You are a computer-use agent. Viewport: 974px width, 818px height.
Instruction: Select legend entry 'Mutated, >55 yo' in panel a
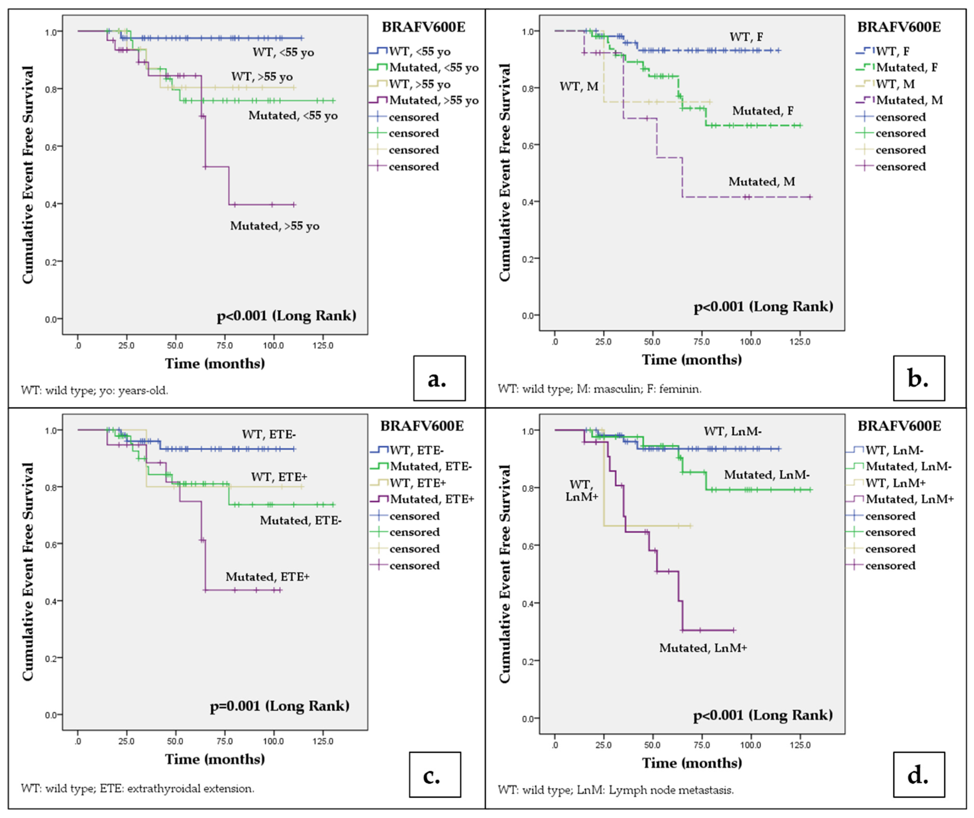433,100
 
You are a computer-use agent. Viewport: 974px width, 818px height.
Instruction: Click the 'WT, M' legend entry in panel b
895,84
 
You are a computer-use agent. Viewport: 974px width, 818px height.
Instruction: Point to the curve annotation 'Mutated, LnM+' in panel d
703,648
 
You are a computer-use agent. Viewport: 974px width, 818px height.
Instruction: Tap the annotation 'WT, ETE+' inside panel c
279,477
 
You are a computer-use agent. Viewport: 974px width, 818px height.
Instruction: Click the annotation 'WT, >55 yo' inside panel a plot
262,77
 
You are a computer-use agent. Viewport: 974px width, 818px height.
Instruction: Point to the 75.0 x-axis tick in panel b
701,342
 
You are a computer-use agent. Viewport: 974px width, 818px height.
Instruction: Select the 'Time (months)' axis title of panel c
215,759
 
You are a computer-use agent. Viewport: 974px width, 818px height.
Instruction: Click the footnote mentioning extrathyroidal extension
137,788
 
